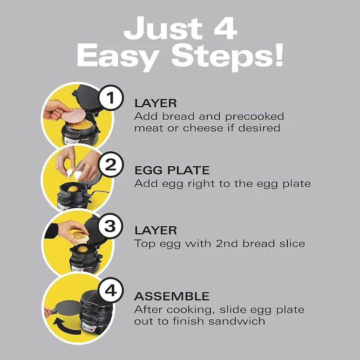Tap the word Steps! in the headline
click(x=227, y=57)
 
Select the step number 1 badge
click(x=111, y=98)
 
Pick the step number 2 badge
click(x=111, y=164)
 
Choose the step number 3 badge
click(x=110, y=226)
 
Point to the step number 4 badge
click(x=111, y=290)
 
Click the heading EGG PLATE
click(x=172, y=170)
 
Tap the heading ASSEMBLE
click(x=172, y=296)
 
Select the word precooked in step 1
click(x=254, y=117)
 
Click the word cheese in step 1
click(x=203, y=128)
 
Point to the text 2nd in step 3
click(x=227, y=244)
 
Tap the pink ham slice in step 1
click(x=74, y=115)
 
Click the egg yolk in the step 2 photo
click(x=73, y=189)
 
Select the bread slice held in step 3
click(x=79, y=237)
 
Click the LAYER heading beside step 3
click(x=156, y=231)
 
